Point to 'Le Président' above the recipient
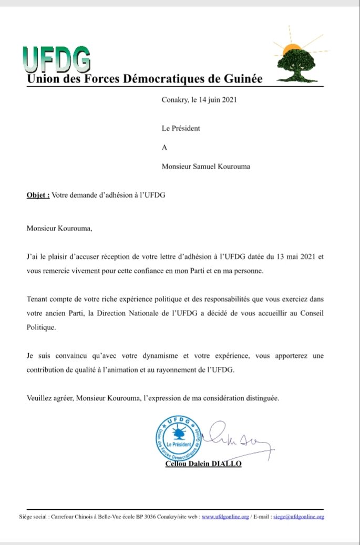pyautogui.click(x=181, y=128)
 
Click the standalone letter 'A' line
pyautogui.click(x=165, y=148)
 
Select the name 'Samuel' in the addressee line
pyautogui.click(x=210, y=167)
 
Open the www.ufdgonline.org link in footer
pyautogui.click(x=225, y=517)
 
